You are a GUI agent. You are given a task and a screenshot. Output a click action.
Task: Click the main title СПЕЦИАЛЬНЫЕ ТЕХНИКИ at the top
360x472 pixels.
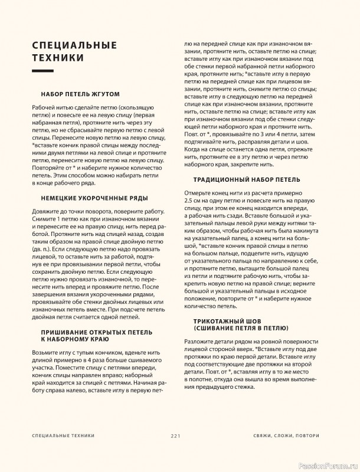(74, 51)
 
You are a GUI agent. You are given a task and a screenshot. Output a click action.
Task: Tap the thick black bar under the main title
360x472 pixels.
(47, 71)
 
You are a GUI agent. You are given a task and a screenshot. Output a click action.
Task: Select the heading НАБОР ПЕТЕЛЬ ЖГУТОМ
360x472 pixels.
(81, 94)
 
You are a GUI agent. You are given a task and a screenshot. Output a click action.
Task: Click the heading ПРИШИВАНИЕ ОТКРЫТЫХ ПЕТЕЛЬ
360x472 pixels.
(90, 333)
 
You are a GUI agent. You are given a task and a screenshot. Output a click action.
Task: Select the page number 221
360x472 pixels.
(175, 435)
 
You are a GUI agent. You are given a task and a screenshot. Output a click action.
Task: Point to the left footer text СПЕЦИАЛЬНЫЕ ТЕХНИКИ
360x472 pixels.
(63, 435)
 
